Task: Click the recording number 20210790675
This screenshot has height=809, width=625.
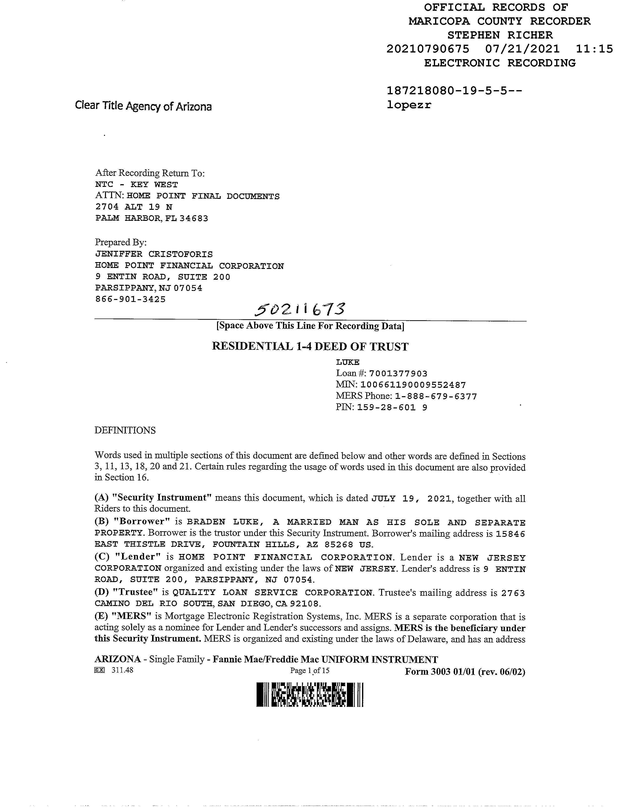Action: [x=428, y=49]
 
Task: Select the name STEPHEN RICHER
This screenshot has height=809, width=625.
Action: [x=500, y=35]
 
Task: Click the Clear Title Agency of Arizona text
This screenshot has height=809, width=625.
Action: [x=143, y=106]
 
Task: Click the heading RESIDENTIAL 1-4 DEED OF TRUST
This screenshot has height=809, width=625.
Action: [x=310, y=347]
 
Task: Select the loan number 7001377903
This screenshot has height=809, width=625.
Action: [x=398, y=373]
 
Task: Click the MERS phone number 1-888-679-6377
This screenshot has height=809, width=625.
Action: [x=436, y=396]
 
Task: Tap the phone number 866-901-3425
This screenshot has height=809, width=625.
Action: [x=130, y=299]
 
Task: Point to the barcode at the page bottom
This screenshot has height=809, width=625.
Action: [x=310, y=694]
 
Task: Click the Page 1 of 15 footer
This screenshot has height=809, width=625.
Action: [x=310, y=671]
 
